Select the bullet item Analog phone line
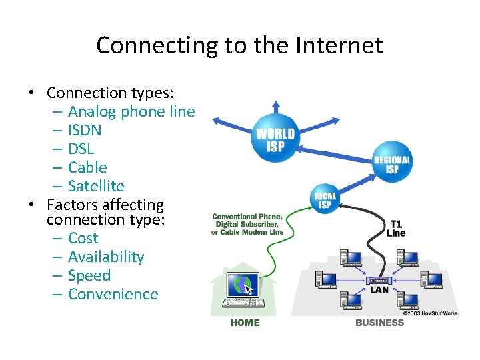click(x=131, y=112)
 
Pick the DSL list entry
click(x=81, y=149)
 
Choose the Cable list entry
click(x=87, y=168)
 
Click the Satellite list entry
click(x=96, y=187)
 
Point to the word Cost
click(x=83, y=239)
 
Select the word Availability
click(x=106, y=257)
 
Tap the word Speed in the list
click(x=89, y=276)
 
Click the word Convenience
click(x=113, y=295)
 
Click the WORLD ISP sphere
click(x=275, y=139)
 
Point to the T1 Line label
click(x=395, y=229)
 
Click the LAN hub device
click(x=379, y=281)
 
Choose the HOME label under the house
click(x=245, y=323)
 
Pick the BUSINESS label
click(x=379, y=323)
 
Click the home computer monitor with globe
click(x=240, y=285)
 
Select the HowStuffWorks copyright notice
click(x=430, y=313)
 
